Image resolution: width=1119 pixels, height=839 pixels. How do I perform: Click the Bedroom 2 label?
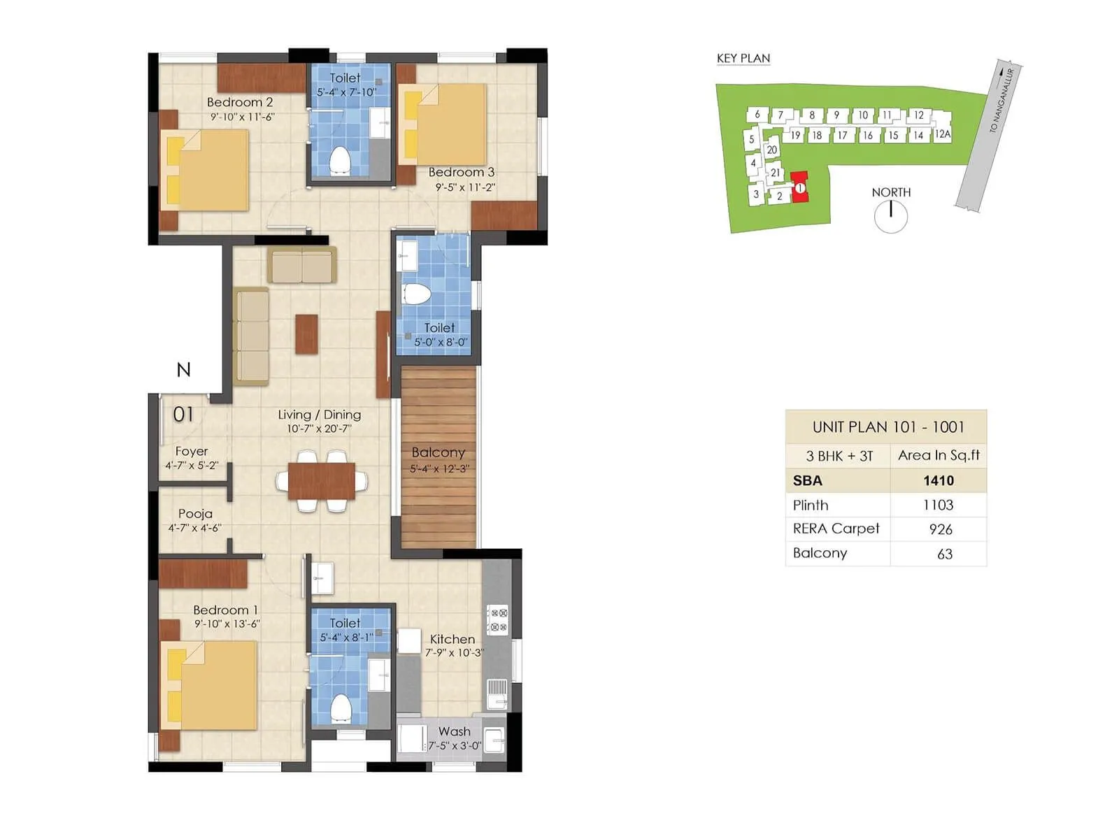(x=240, y=102)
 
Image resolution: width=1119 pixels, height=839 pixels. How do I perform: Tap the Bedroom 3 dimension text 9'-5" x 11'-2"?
(x=465, y=187)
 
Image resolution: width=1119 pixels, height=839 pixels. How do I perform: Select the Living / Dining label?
(x=319, y=415)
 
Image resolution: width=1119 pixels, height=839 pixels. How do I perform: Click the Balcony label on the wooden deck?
(x=438, y=452)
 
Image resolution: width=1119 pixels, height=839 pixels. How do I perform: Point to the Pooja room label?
(x=195, y=513)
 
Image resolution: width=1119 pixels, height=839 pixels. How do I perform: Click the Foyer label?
(x=192, y=451)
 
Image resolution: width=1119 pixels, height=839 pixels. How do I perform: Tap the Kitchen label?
(x=452, y=639)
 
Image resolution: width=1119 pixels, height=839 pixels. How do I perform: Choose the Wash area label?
(x=454, y=731)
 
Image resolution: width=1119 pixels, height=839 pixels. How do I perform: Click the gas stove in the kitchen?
(x=497, y=619)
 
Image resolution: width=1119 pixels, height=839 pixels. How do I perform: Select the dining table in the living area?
(x=321, y=481)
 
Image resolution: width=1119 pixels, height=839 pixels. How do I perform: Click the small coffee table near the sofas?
(x=306, y=334)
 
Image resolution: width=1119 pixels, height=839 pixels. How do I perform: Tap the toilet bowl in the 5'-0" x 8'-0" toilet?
(x=417, y=293)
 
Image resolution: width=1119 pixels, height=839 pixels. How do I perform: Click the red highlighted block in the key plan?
(x=799, y=187)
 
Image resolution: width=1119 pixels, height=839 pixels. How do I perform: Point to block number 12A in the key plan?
(x=942, y=134)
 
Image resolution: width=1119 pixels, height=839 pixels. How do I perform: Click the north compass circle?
(x=890, y=216)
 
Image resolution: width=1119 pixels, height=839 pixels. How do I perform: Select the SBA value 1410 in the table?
(x=938, y=480)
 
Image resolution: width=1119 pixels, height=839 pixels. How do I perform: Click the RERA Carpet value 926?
(x=940, y=529)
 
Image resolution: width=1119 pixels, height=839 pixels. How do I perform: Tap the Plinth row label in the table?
(x=811, y=505)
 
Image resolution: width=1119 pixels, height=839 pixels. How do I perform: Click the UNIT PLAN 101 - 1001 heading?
(x=888, y=427)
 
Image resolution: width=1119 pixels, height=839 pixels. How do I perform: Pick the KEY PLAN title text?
(x=743, y=59)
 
